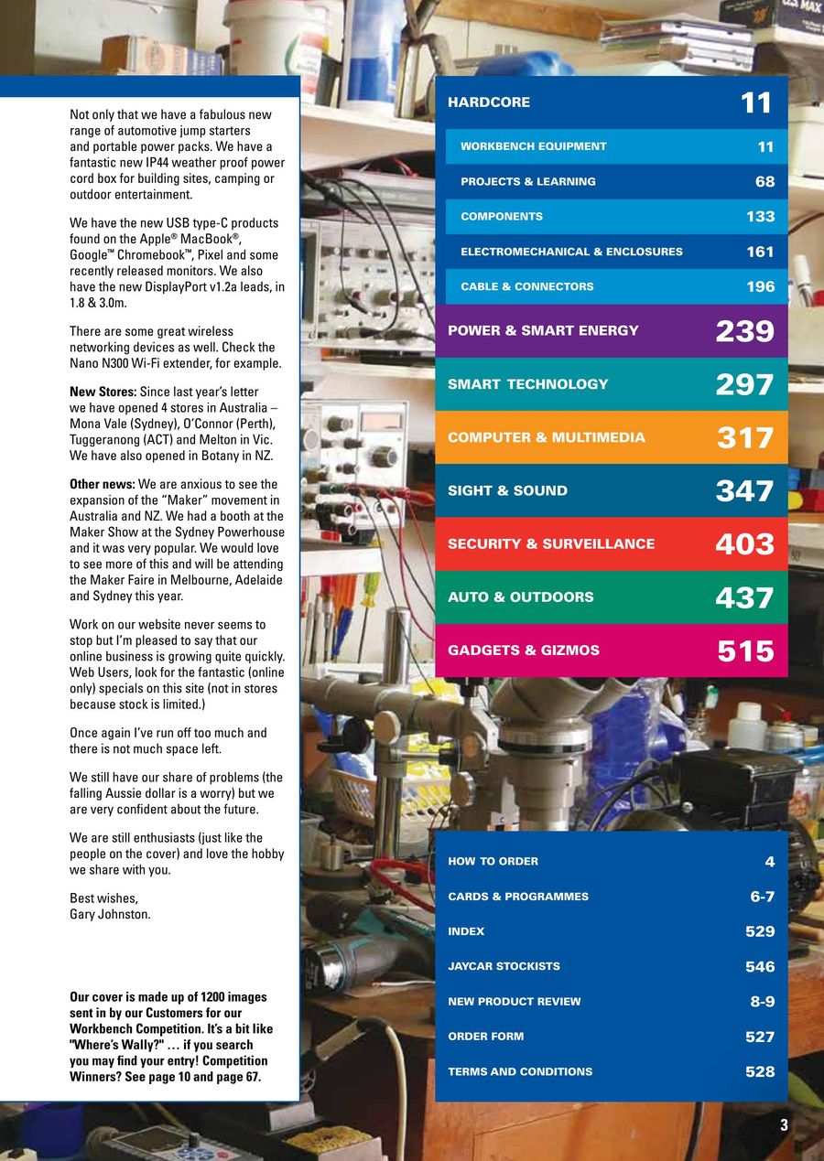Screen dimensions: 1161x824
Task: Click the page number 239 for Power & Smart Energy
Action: (x=744, y=331)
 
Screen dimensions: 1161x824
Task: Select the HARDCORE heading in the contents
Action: (x=489, y=102)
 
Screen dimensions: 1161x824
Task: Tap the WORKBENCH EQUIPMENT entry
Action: (x=533, y=146)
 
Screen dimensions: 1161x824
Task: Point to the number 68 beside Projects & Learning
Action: (x=764, y=182)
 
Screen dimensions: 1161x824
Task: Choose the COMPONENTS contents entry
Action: (x=502, y=217)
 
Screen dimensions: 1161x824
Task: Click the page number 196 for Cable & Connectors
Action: (x=760, y=287)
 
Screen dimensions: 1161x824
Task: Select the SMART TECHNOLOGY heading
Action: (x=527, y=384)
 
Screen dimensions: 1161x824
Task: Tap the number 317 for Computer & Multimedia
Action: (x=744, y=438)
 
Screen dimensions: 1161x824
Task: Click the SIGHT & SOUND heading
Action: (x=507, y=490)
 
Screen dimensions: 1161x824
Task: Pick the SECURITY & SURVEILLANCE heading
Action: (x=551, y=543)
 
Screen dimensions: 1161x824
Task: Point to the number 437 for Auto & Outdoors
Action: (x=744, y=598)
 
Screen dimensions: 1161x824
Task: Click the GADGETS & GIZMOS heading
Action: (x=524, y=650)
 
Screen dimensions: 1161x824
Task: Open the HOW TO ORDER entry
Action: (x=493, y=862)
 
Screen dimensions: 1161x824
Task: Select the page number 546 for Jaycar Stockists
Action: (x=760, y=967)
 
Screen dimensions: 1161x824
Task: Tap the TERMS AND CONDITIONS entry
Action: (x=520, y=1071)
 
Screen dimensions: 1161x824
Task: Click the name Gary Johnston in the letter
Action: (x=110, y=914)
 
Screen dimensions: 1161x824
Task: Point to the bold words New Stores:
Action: (x=103, y=392)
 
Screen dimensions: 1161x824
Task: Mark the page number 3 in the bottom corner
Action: (x=784, y=1126)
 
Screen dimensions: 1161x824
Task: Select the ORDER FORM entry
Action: (x=485, y=1037)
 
